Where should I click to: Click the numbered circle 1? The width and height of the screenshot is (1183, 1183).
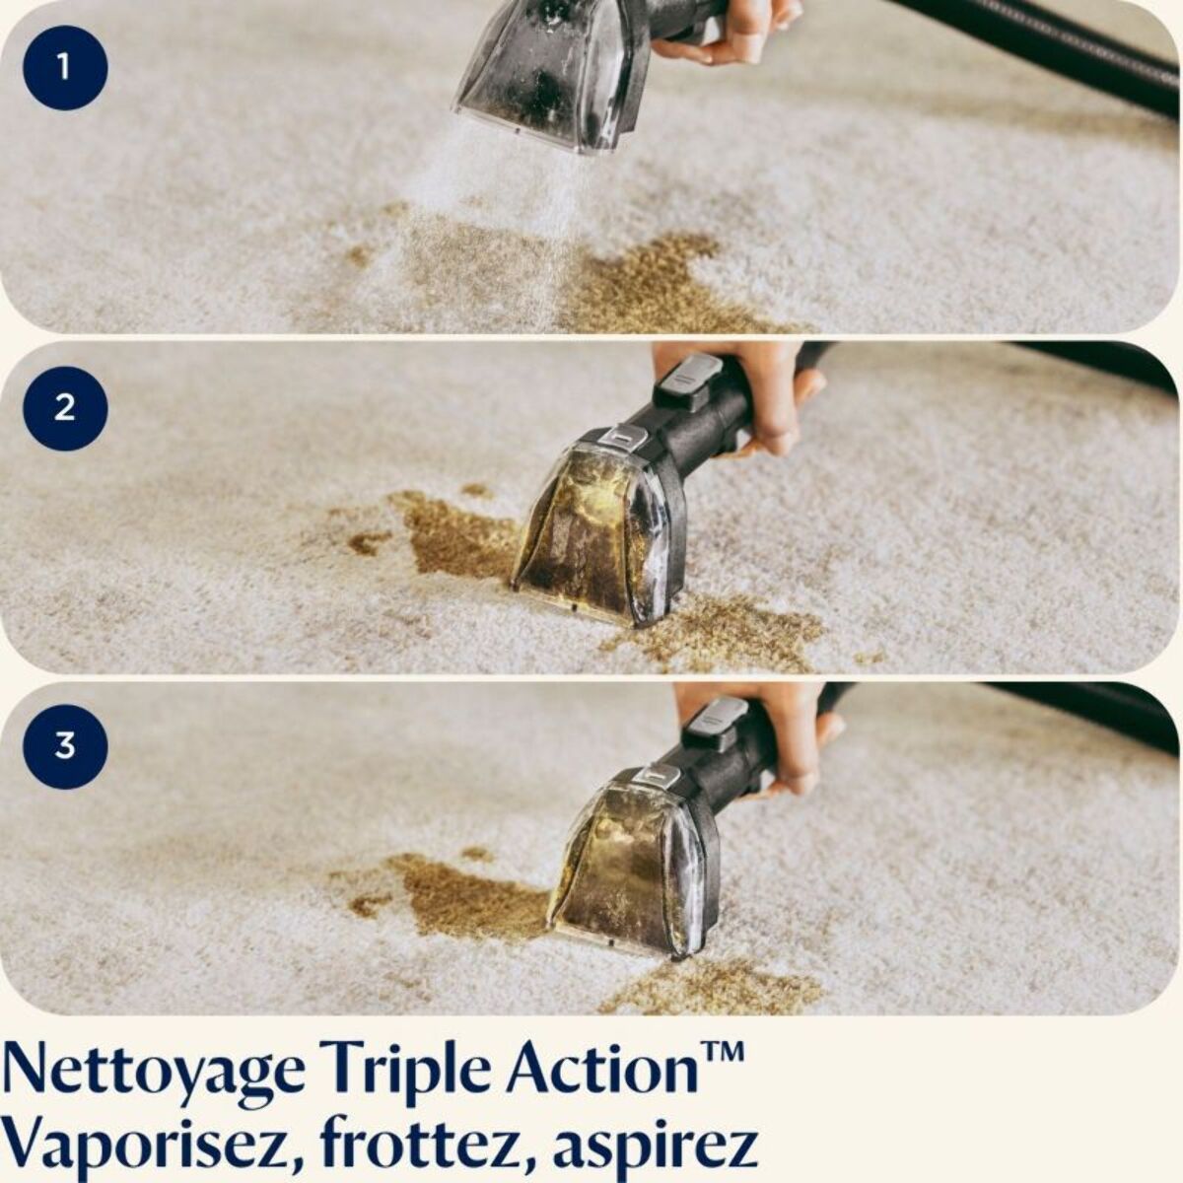click(64, 68)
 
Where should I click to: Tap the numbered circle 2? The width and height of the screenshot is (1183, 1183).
click(64, 407)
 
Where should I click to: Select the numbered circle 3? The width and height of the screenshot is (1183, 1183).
click(64, 745)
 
